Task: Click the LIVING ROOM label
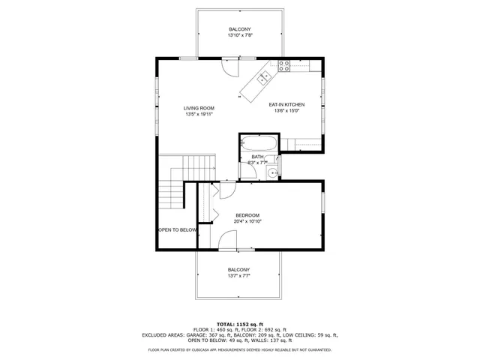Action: coord(199,108)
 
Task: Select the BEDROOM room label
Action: coord(247,215)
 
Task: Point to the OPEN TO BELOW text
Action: coord(177,229)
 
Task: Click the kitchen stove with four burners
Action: coord(284,65)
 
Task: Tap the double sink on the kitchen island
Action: coord(264,77)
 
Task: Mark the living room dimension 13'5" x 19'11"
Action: coord(199,115)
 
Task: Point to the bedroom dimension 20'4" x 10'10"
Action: coord(247,221)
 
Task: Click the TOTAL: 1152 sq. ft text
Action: coord(240,323)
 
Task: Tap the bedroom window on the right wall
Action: coord(323,202)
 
